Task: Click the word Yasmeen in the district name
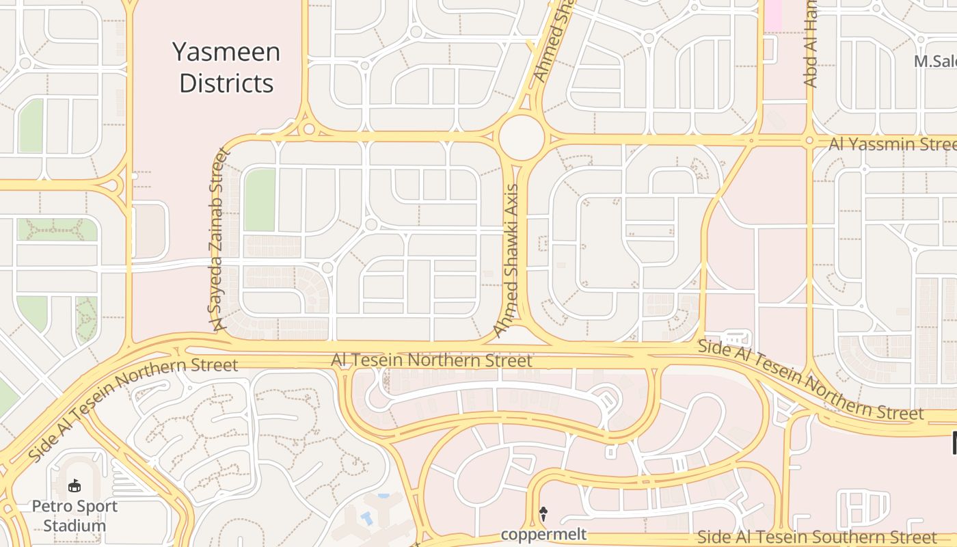[226, 53]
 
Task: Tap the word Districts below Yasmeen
[226, 83]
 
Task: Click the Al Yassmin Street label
[892, 144]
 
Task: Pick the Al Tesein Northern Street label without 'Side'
[431, 360]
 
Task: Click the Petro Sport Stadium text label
[75, 516]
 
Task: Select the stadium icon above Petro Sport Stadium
[75, 486]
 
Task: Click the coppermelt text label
[543, 534]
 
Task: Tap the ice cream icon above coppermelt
[544, 513]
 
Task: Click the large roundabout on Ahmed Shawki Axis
[522, 137]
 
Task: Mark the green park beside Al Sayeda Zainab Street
[260, 200]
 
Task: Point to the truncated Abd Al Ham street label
[811, 44]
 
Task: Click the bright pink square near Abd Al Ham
[772, 15]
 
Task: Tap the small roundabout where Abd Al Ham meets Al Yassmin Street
[809, 141]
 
